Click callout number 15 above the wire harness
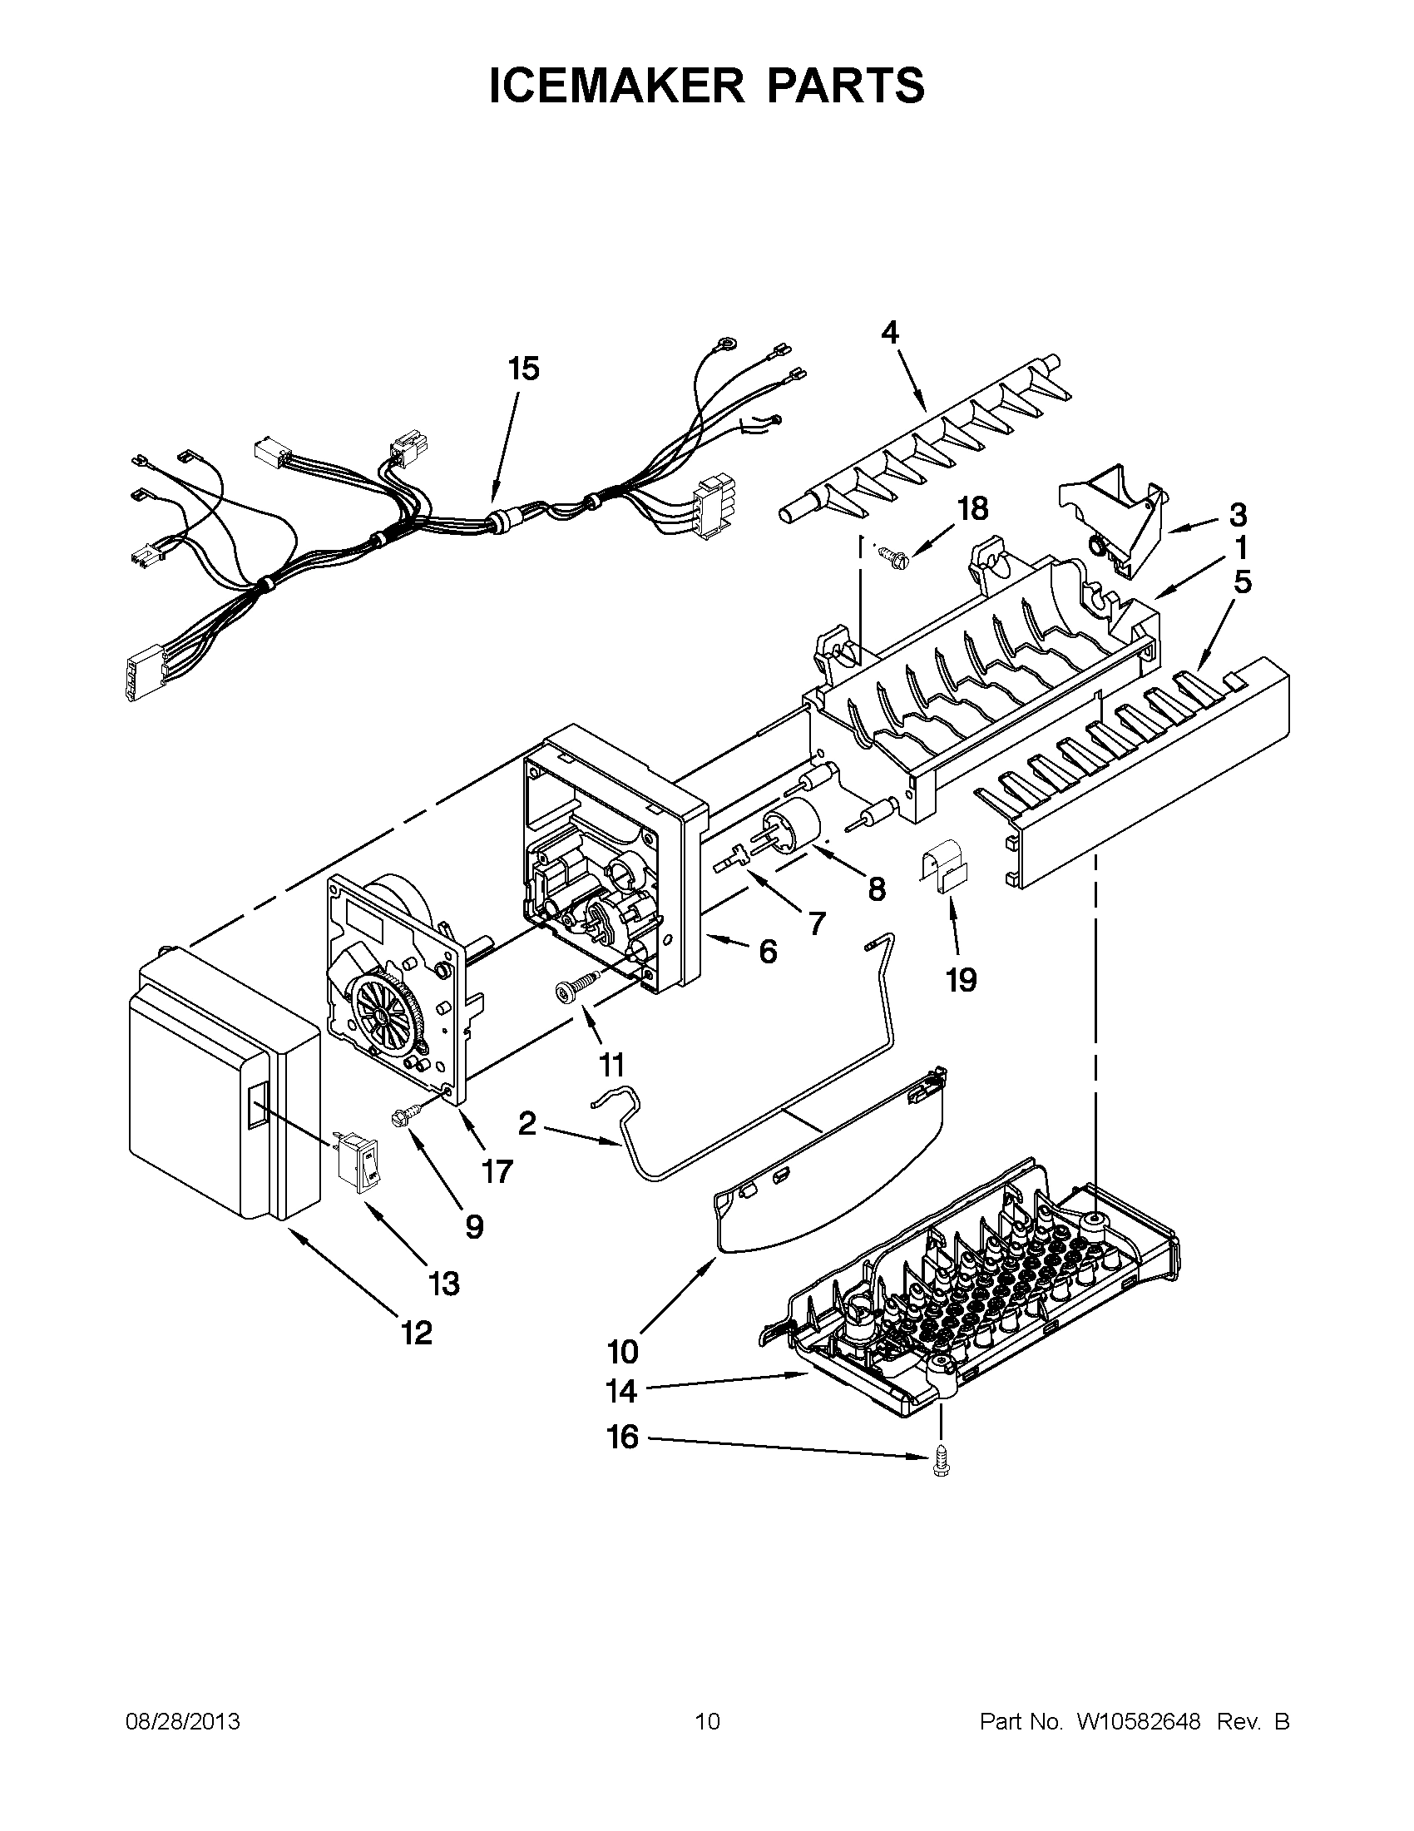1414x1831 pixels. pyautogui.click(x=524, y=369)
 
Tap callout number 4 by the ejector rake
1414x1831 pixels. pyautogui.click(x=890, y=333)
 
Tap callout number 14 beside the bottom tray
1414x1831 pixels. pyautogui.click(x=621, y=1392)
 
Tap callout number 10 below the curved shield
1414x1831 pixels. pyautogui.click(x=623, y=1351)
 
